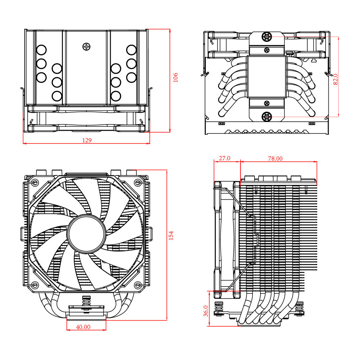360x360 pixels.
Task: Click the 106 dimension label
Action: coord(176,77)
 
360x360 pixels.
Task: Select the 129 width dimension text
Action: coord(87,140)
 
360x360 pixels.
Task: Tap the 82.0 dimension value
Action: coord(335,79)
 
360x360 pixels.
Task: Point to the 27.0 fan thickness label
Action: coord(224,159)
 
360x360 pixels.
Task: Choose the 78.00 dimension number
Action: coord(275,159)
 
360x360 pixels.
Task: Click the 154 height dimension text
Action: coord(171,236)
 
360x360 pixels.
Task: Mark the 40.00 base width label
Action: coord(83,327)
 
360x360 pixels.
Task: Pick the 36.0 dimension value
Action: coord(206,311)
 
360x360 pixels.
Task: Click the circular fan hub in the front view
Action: coord(86,233)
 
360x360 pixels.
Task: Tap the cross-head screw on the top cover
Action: coord(86,46)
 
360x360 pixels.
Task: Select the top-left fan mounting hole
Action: coord(35,182)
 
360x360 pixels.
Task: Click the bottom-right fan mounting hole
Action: coord(138,285)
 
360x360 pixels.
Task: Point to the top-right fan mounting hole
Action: coord(138,182)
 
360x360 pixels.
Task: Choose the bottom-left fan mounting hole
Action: coord(35,285)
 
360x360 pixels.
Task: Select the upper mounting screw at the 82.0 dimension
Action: coord(267,37)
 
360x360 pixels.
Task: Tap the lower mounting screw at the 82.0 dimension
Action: coord(267,116)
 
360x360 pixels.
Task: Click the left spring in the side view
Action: coord(219,307)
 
